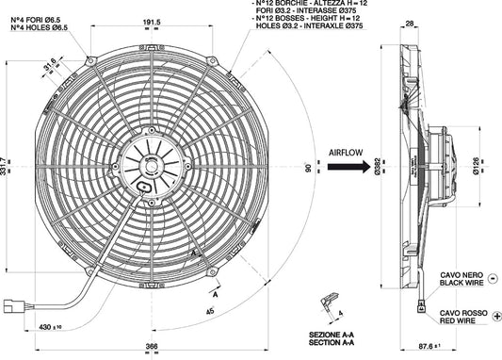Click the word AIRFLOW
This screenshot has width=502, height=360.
point(347,151)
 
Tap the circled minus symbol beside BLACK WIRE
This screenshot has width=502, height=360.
point(495,280)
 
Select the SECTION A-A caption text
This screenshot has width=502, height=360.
point(332,341)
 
